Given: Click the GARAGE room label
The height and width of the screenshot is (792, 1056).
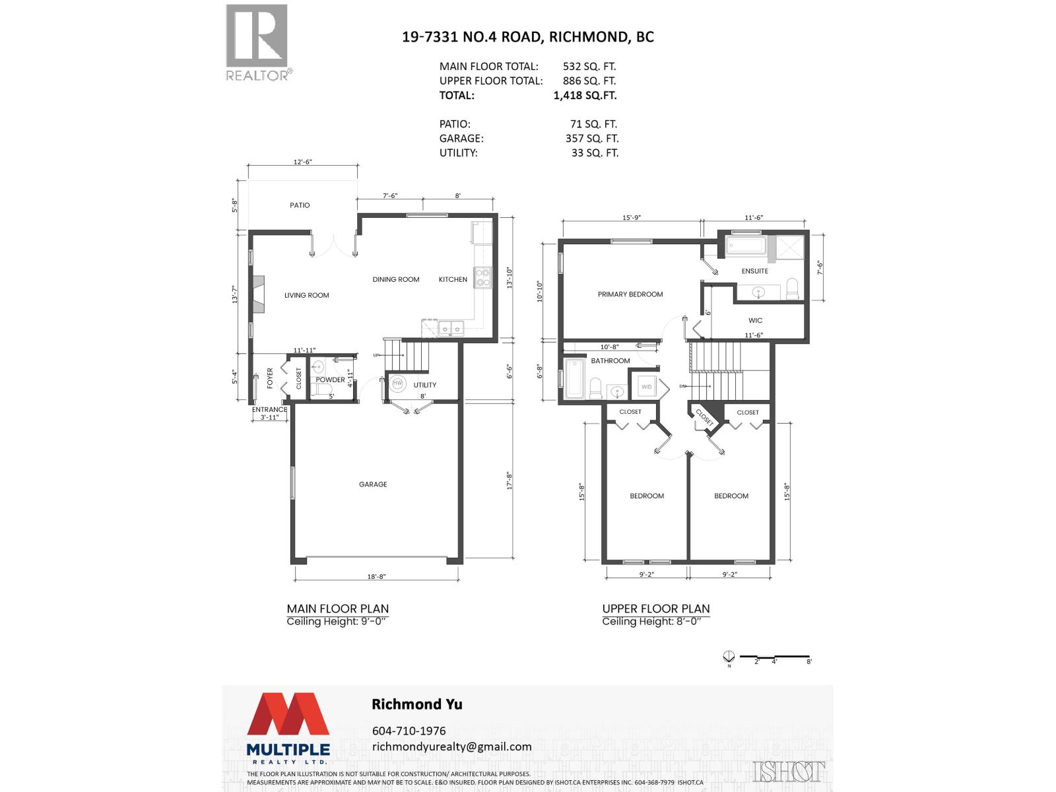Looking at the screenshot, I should point(373,484).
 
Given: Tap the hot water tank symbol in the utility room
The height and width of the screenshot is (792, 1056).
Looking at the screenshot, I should point(398,383).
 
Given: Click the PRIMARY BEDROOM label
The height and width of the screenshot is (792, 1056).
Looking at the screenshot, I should point(630,294).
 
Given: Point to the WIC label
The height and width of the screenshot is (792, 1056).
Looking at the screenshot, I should point(755,321).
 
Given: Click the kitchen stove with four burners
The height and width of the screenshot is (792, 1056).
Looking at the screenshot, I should point(482,278).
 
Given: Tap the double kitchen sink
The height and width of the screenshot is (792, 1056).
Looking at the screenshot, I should point(451,327).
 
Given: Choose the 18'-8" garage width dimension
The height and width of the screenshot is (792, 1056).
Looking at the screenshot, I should point(376,576).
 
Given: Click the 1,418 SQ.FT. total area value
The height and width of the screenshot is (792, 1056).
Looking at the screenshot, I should point(585,95).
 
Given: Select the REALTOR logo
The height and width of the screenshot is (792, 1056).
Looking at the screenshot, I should point(257,42).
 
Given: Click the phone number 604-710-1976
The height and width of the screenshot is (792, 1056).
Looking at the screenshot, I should point(409,731).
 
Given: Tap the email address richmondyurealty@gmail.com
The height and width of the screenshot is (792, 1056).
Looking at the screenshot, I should point(452,746).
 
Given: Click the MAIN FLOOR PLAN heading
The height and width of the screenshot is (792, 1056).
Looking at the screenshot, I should point(337,609).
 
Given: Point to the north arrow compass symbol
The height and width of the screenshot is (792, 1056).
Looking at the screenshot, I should point(729,657).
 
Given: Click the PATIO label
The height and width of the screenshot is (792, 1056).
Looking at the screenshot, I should point(300,205).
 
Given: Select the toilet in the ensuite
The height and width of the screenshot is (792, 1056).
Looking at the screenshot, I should point(792,288).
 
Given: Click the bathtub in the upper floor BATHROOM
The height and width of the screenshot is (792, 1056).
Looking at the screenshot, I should point(574,379).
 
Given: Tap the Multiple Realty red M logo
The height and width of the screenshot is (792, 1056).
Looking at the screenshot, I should point(288,714).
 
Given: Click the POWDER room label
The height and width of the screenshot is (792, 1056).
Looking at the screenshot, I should point(330,380).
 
